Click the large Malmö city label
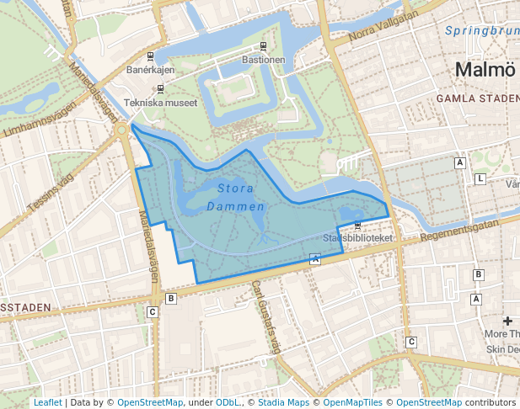pos(485,69)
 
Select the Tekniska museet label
pos(160,103)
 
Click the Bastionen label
pos(264,60)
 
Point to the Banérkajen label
pos(150,70)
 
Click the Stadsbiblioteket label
pos(358,238)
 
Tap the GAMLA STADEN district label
pos(477,98)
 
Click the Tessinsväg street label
pos(51,193)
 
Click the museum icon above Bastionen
pos(264,46)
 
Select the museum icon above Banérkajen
pos(150,56)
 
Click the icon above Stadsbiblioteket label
pos(358,226)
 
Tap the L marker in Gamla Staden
pos(480,179)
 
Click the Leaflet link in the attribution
pos(47,402)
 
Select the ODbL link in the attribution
pos(228,402)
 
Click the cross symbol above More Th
pos(507,321)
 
